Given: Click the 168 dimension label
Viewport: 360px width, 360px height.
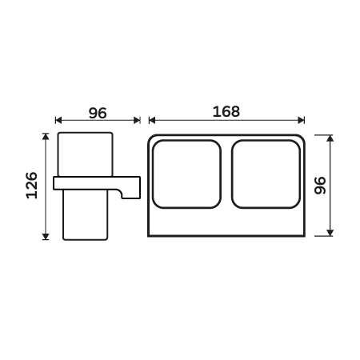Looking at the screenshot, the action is [226, 111].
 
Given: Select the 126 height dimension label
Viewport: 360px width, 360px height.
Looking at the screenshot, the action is [32, 186].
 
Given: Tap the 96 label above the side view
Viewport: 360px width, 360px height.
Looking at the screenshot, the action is [98, 113].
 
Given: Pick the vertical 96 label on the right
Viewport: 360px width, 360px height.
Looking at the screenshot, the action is [320, 186].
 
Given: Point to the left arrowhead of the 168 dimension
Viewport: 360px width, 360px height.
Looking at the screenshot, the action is [152, 120].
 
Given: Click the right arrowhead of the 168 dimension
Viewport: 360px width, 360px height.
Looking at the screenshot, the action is [302, 120].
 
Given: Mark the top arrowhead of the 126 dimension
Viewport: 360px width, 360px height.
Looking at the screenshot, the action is [46, 136].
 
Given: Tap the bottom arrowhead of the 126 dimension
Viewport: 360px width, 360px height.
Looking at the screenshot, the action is [46, 237].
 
